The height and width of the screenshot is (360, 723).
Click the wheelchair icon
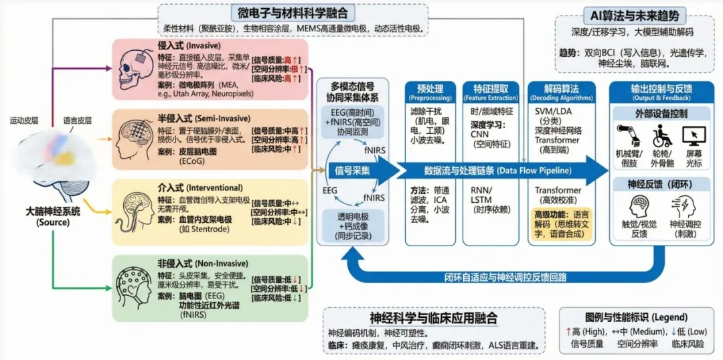click(x=662, y=136)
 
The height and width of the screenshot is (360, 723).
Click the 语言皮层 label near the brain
click(x=78, y=120)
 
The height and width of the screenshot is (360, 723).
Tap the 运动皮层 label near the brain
click(x=25, y=120)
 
